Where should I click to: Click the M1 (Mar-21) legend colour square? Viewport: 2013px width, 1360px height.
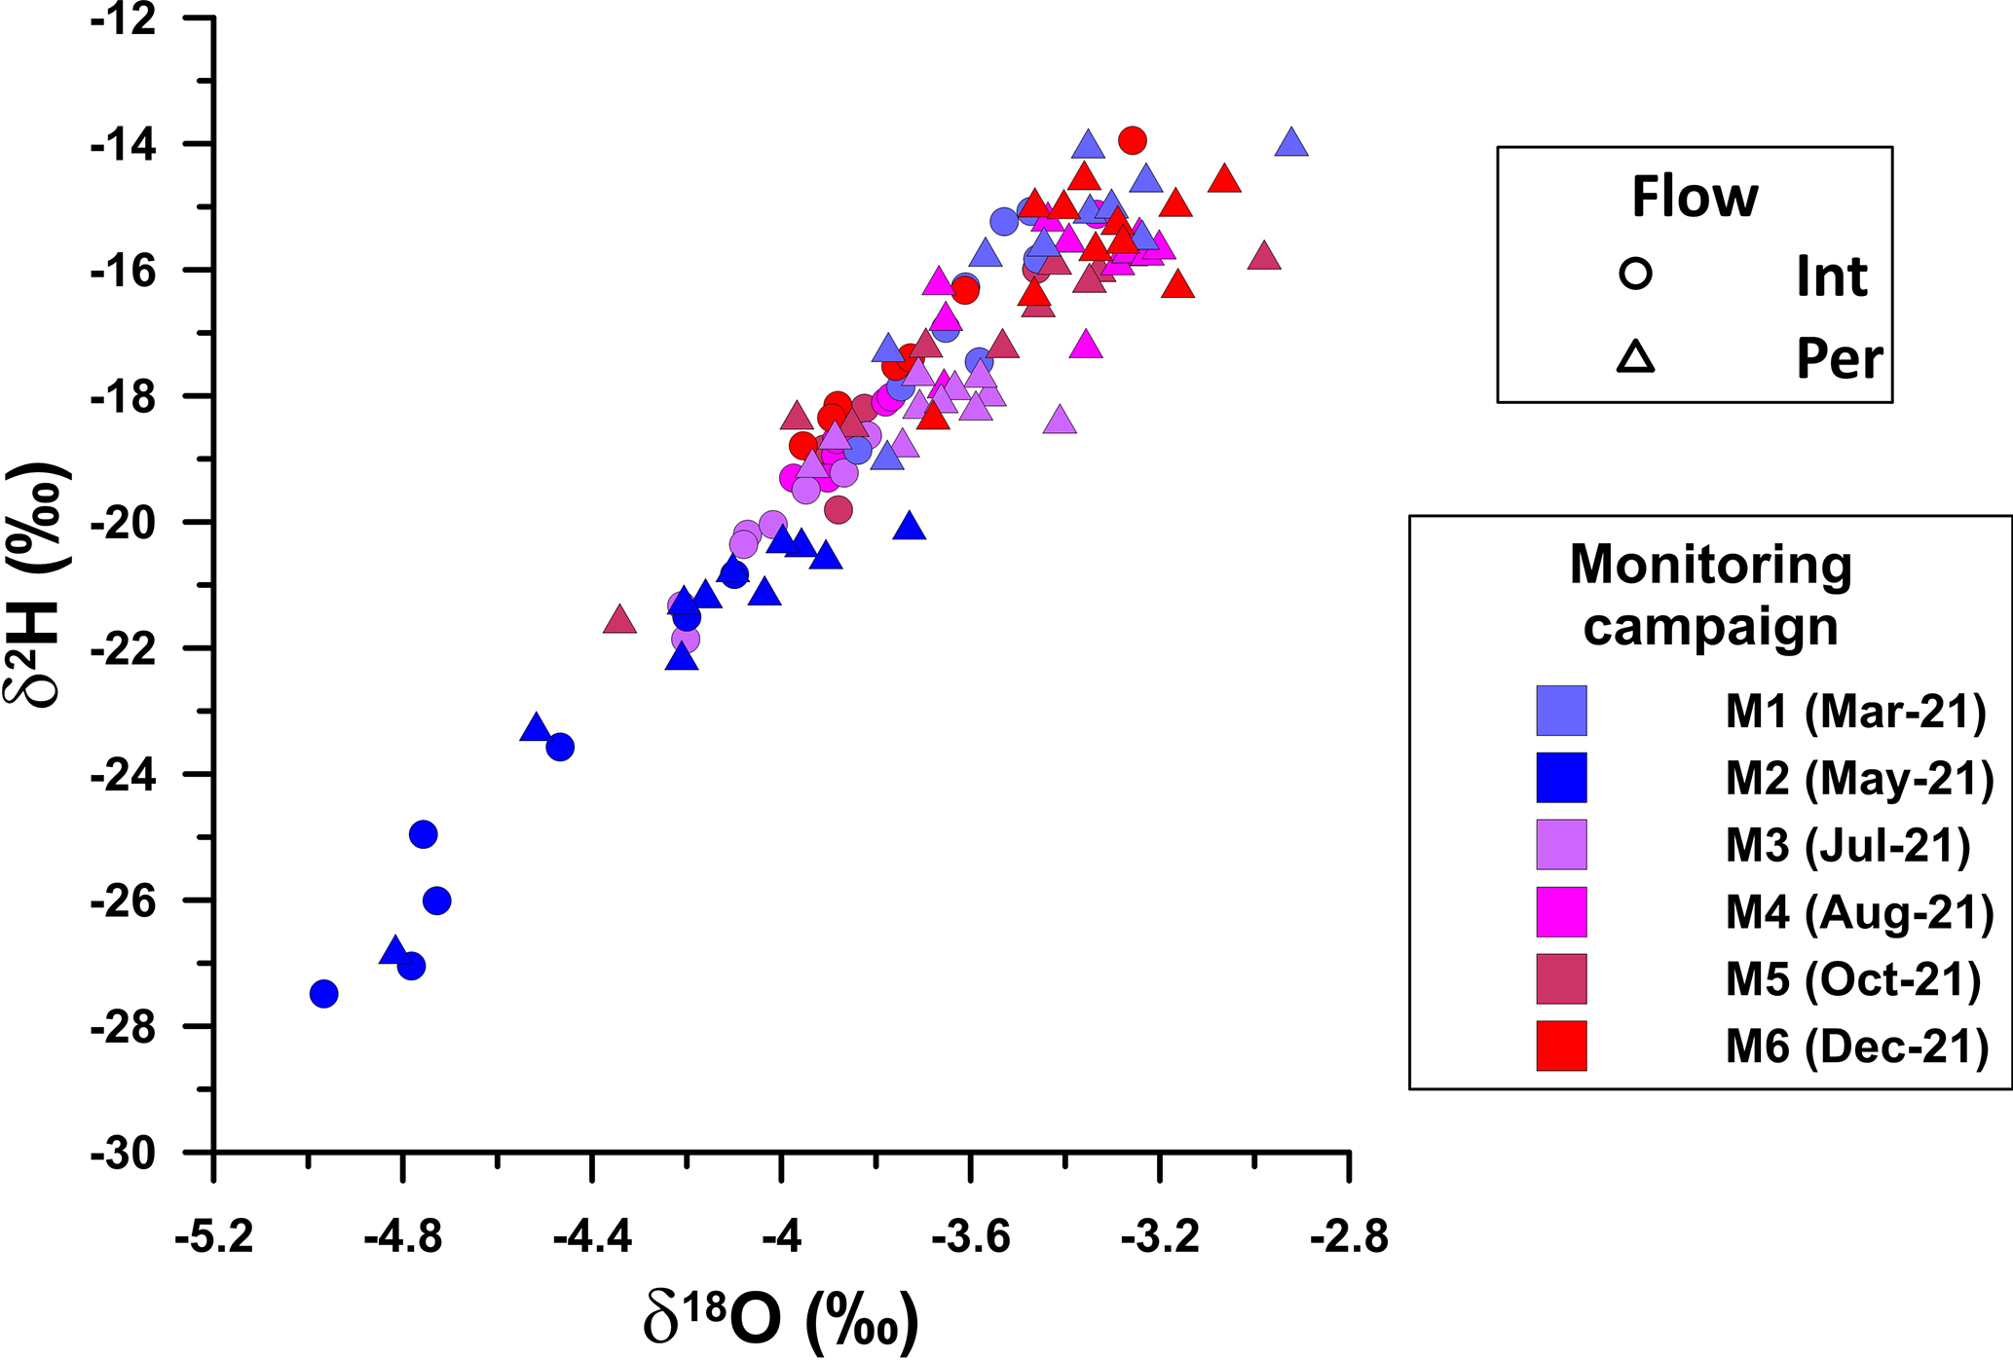pos(1561,711)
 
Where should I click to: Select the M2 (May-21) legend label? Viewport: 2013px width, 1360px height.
pos(1859,778)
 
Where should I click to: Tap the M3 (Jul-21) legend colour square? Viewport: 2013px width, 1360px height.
pos(1561,844)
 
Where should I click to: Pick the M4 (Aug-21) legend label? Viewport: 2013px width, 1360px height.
pos(1859,912)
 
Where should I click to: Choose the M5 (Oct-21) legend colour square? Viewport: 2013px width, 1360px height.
pos(1561,978)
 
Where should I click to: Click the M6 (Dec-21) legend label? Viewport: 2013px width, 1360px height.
pos(1857,1047)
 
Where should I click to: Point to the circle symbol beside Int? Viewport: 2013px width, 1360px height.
pos(1636,275)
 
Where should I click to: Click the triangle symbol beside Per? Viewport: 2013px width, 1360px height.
pos(1636,358)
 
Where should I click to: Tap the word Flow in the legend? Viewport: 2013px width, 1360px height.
pos(1695,198)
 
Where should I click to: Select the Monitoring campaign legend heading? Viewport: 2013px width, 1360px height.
pos(1710,595)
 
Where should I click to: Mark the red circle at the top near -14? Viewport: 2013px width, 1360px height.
pos(1132,140)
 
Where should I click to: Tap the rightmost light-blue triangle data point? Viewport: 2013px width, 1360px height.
pos(1291,143)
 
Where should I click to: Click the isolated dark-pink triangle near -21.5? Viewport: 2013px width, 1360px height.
pos(619,620)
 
